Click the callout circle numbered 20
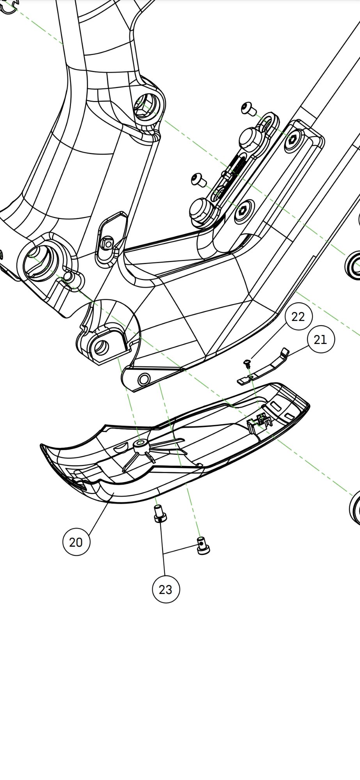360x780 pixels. pos(76,542)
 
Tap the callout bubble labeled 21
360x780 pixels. pos(321,340)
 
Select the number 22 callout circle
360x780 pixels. pos(298,316)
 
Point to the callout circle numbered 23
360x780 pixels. pos(166,589)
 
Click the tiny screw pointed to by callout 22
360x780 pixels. pos(247,363)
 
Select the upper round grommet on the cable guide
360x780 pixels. pos(251,138)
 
